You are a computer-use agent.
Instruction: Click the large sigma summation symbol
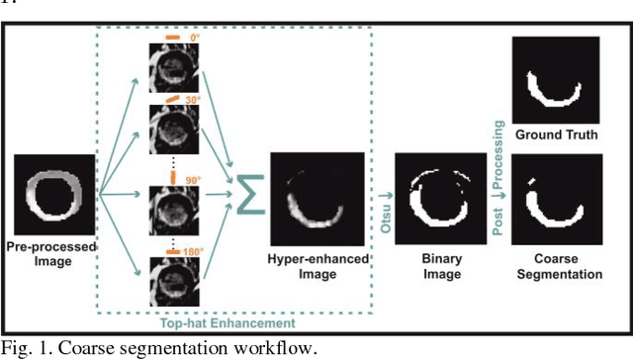tap(245, 189)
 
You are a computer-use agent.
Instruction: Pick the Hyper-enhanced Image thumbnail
tap(317, 196)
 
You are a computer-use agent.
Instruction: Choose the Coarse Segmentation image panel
tap(555, 199)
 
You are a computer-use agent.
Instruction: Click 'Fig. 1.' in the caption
tap(23, 347)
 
